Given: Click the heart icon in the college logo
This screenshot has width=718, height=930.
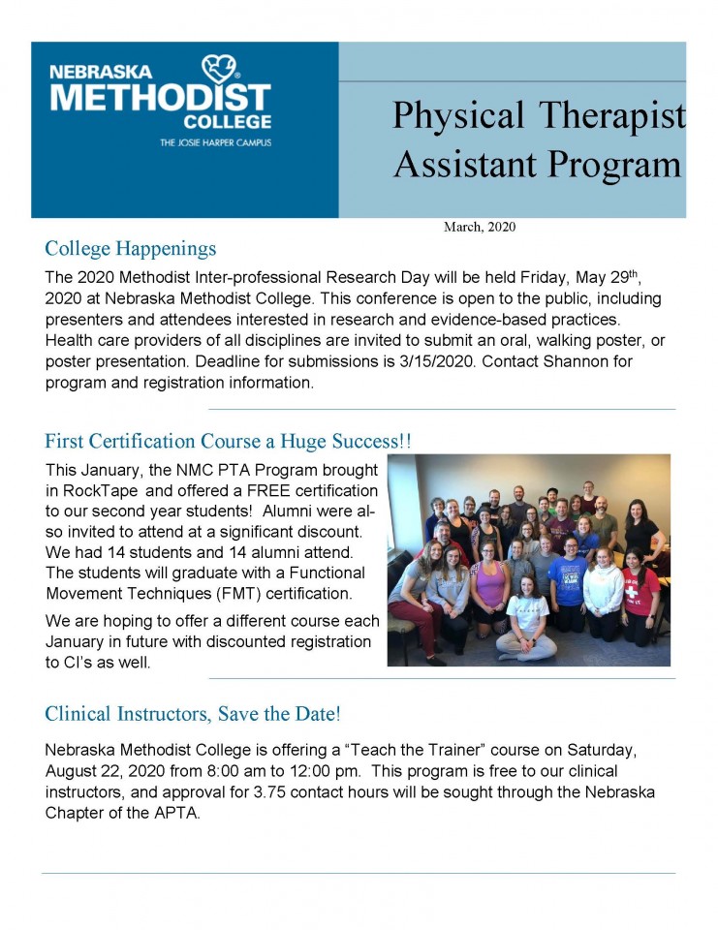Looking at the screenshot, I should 220,69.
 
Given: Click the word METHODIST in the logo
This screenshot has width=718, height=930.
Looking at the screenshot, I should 161,97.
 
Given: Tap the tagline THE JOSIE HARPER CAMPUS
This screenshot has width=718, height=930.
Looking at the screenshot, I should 215,142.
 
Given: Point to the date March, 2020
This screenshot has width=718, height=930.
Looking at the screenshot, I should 479,228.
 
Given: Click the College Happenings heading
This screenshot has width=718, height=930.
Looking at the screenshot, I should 130,249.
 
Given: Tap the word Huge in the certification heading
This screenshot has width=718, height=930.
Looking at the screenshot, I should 310,442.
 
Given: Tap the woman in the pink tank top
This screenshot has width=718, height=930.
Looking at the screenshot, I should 490,591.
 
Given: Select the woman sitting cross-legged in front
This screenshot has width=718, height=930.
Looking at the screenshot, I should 527,625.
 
